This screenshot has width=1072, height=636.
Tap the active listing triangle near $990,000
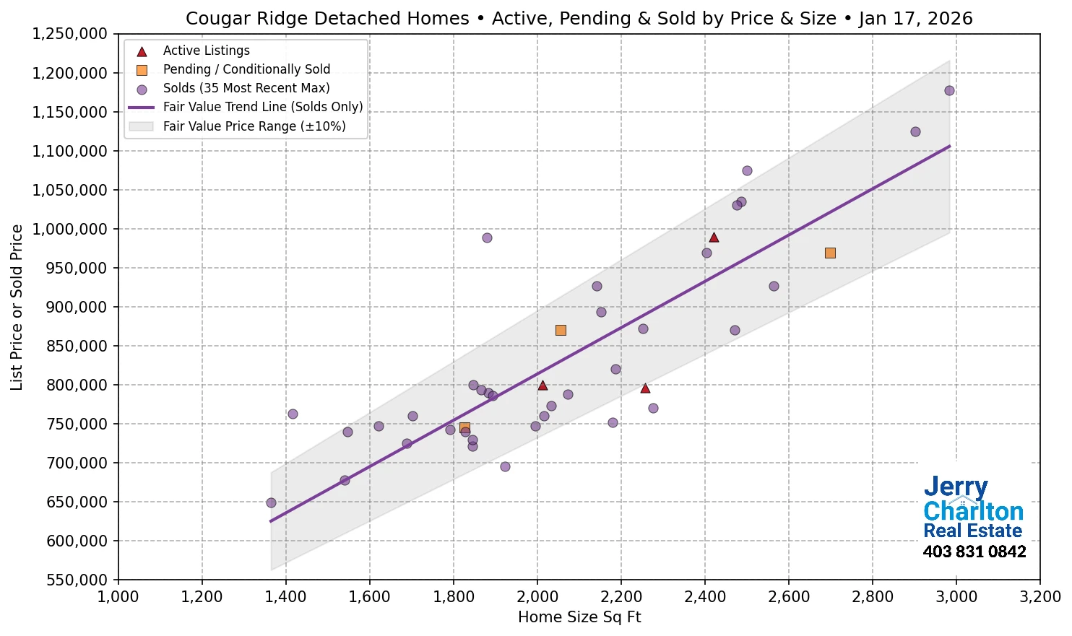tap(714, 238)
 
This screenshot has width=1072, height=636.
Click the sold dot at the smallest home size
tap(271, 502)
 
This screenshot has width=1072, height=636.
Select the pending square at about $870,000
tap(561, 330)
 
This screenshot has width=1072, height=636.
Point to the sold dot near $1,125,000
tap(915, 131)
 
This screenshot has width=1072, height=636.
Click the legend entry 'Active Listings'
tap(206, 51)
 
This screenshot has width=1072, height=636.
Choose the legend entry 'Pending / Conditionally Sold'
tap(246, 69)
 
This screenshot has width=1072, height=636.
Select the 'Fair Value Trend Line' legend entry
tap(262, 107)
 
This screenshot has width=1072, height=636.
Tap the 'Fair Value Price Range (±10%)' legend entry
tap(254, 126)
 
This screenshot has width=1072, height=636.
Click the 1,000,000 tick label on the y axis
tap(70, 229)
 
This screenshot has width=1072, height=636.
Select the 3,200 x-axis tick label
tap(1039, 597)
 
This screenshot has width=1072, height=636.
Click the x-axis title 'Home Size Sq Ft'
tap(579, 617)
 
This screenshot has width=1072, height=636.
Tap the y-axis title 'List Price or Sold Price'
tap(17, 307)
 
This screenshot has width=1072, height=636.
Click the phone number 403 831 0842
tap(974, 552)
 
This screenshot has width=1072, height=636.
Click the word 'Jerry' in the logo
tap(955, 487)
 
